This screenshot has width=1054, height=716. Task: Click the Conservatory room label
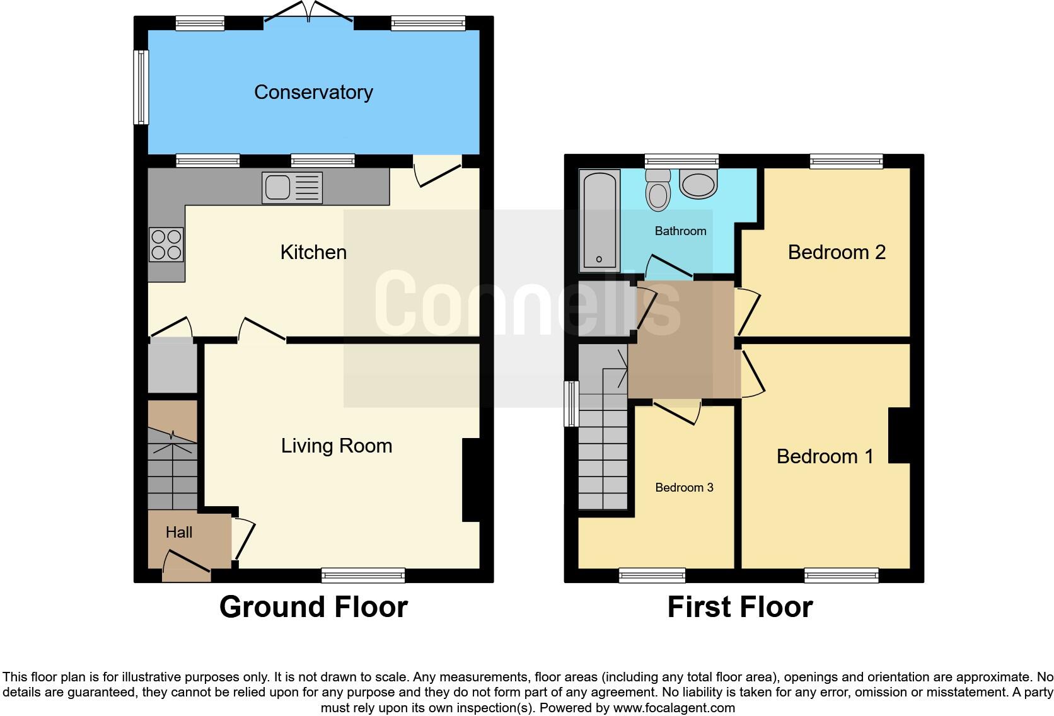pos(313,92)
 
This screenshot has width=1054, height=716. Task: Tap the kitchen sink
pos(292,187)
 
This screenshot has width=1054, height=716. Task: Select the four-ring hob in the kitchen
pos(166,245)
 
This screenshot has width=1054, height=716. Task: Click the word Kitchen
pos(313,252)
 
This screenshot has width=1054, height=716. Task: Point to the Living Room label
pos(336,446)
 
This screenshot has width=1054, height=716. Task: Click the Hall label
pos(178,533)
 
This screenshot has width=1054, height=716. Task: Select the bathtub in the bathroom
pos(599,219)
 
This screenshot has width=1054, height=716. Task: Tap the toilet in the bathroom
pos(657,190)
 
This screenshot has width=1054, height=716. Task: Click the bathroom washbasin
pos(698,184)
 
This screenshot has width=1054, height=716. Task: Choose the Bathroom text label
pos(680,231)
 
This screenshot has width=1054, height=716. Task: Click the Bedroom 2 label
pos(836,252)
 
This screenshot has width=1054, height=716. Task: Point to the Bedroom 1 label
pos(825,456)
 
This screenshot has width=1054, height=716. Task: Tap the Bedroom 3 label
pos(684,487)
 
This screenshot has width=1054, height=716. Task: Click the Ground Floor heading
pos(313,607)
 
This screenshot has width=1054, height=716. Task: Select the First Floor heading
pos(739,607)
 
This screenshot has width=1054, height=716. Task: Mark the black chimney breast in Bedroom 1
pos(900,436)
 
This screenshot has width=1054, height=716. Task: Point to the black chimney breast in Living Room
pos(471,480)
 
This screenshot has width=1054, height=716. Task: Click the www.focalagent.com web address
pos(673,708)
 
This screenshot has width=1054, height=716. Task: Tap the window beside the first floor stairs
pos(571,403)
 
